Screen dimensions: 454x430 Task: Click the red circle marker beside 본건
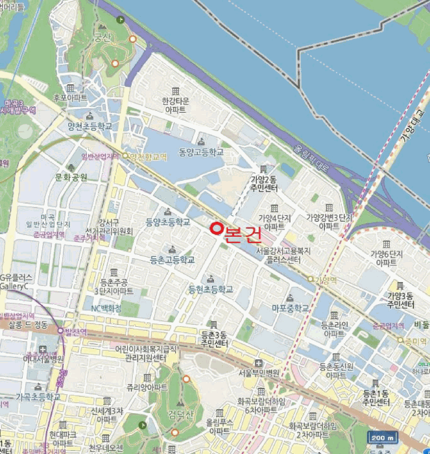pos(217,229)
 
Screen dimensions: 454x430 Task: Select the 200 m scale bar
pos(382,438)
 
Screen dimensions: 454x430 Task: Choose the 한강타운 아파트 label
pos(176,106)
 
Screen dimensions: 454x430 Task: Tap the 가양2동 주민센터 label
pos(264,183)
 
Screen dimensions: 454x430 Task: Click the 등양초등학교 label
pos(168,222)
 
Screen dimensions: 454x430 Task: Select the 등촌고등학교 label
pos(172,259)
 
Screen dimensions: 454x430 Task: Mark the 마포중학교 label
pos(291,308)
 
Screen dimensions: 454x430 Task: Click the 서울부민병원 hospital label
pos(258,373)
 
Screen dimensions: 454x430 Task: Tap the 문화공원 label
pos(71,176)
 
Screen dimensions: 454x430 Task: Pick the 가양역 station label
pos(326,280)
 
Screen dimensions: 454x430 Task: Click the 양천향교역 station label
pos(148,157)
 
